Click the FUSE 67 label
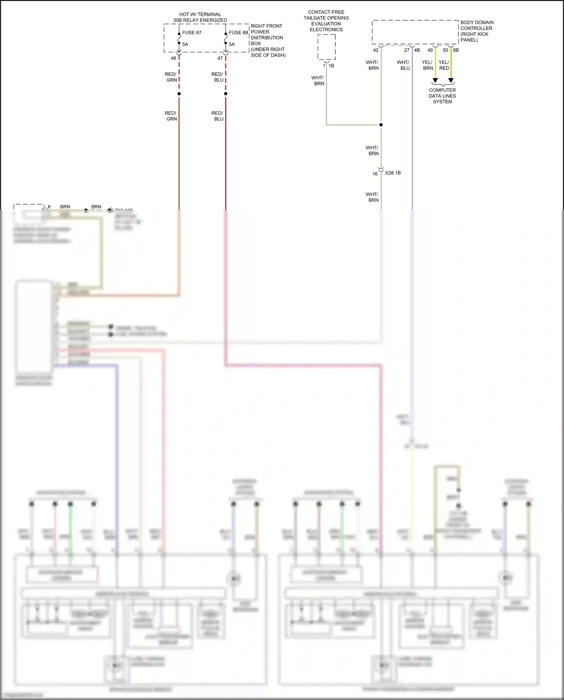[192, 33]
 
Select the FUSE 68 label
[238, 33]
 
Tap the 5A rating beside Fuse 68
[232, 44]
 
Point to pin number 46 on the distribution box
[173, 58]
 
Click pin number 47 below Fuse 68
[220, 58]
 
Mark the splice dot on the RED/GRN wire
[179, 94]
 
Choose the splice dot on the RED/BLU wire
[226, 94]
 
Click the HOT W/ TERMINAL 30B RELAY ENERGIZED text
[200, 17]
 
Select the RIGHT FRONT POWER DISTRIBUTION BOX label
[268, 41]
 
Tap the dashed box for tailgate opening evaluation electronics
[326, 47]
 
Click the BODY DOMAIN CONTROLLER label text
[477, 31]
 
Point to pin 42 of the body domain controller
[376, 50]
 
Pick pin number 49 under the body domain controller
[430, 50]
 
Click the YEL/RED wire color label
[444, 65]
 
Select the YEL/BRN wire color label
[428, 65]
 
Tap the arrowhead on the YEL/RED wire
[451, 80]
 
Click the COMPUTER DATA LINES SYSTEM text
[442, 96]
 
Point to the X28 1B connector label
[393, 173]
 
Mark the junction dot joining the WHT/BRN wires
[381, 125]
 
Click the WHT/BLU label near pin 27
[403, 65]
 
